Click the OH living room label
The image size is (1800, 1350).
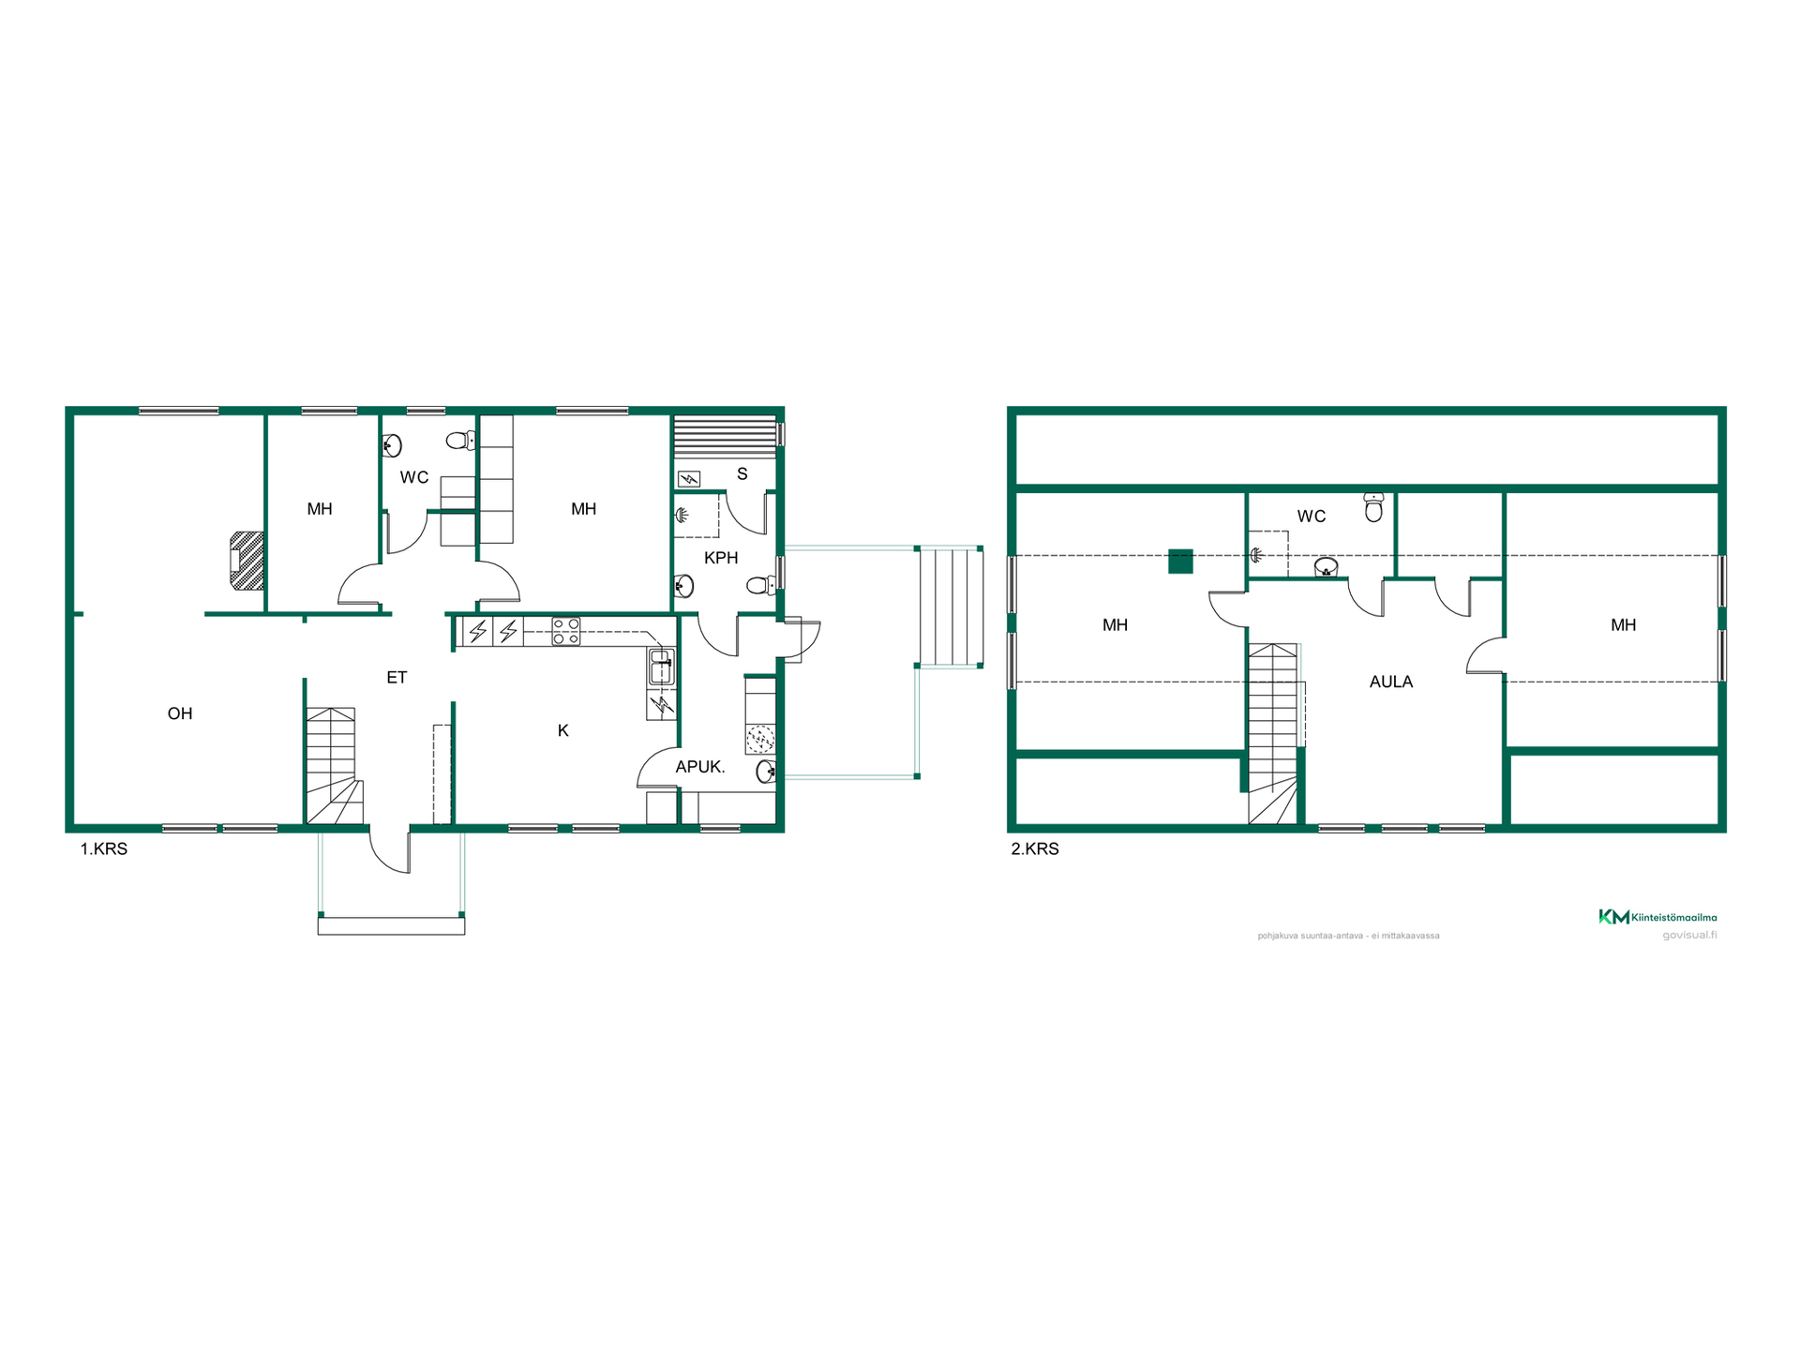[x=180, y=713]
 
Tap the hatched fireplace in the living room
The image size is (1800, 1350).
[x=247, y=561]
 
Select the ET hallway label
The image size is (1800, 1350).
[x=397, y=677]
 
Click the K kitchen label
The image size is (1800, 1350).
[x=563, y=730]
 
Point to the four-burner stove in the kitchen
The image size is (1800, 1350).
[x=566, y=631]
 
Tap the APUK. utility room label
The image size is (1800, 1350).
[x=700, y=767]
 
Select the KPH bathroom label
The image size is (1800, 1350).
[x=721, y=558]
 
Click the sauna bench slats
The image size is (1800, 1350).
[x=726, y=435]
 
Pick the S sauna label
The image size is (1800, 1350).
[x=742, y=473]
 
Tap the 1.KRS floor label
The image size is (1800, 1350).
[x=103, y=848]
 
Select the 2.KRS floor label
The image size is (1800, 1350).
[x=1035, y=848]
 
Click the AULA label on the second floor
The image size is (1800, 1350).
[x=1391, y=682]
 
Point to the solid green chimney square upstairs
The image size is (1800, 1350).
[x=1180, y=561]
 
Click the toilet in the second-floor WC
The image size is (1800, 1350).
[x=1373, y=506]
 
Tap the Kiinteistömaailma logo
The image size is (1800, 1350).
[x=1657, y=917]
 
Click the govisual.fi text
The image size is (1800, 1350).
[x=1689, y=935]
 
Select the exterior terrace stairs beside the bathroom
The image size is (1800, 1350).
[x=951, y=607]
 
